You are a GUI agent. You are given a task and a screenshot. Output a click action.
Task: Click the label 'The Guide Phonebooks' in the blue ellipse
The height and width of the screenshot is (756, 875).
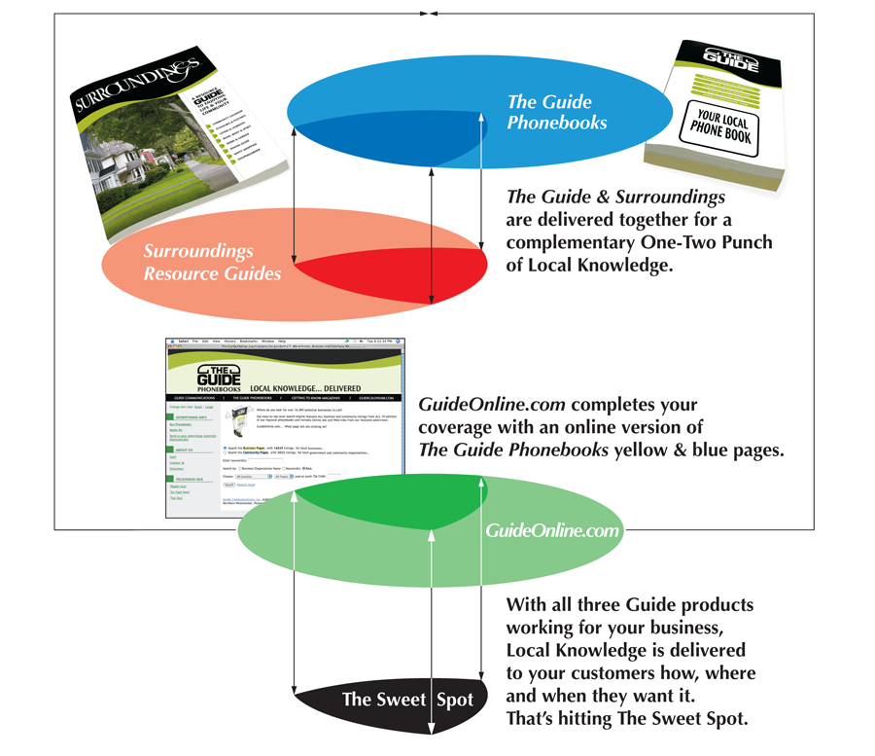556,112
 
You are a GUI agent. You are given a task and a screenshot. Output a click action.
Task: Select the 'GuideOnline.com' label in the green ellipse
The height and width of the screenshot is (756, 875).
552,530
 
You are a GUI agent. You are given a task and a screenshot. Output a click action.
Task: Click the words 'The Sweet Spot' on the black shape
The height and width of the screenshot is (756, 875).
407,699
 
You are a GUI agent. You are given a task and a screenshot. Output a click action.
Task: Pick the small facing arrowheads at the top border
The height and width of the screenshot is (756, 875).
429,14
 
